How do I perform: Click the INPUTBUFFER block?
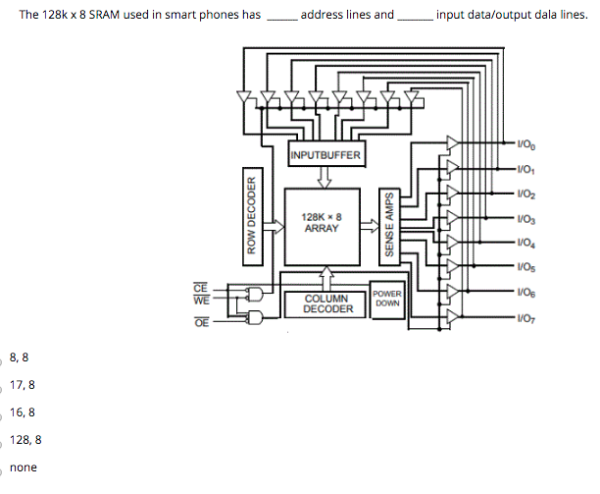tap(325, 155)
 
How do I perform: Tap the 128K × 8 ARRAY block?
tap(322, 223)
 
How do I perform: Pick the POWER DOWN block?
tap(387, 298)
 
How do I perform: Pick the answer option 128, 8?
tap(25, 440)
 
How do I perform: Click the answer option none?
tap(23, 467)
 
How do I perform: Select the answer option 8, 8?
tap(19, 357)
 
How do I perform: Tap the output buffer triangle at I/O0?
tap(452, 143)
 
